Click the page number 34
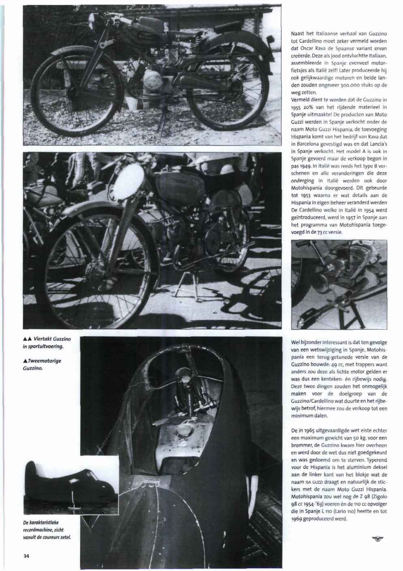(x=26, y=556)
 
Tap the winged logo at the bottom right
(x=379, y=539)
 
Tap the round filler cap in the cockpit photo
(x=184, y=429)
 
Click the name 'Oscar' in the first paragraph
(x=306, y=48)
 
